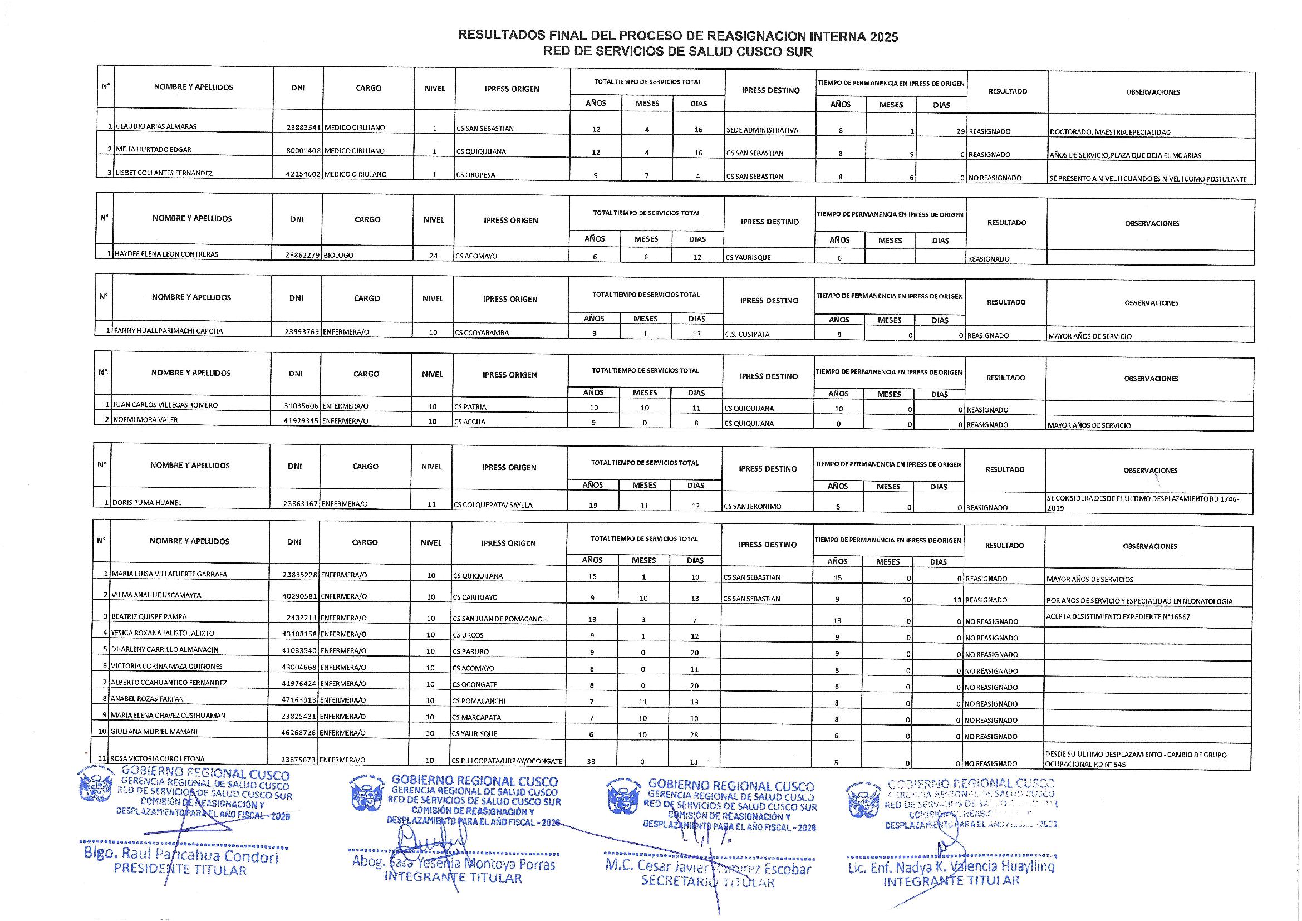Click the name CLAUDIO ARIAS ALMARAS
pos(156,126)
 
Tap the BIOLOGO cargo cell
pos(338,256)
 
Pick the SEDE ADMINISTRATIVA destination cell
pos(762,130)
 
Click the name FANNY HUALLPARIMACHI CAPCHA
pos(169,331)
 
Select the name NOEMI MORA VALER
pos(146,420)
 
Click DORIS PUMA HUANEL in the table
pos(147,503)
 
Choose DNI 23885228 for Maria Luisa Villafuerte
pos(300,575)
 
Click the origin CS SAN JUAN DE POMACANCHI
pos(501,619)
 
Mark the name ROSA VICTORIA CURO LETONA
pos(157,759)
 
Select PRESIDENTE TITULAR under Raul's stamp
pos(180,869)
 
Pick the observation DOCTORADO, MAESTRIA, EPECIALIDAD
pos(1110,132)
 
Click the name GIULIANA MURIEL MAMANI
pos(154,732)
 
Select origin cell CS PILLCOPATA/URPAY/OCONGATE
pos(507,761)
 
